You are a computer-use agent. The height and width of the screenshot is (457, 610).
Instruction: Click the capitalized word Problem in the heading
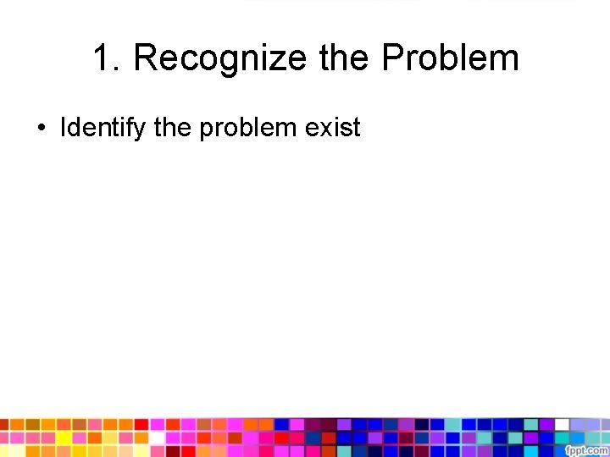pyautogui.click(x=450, y=59)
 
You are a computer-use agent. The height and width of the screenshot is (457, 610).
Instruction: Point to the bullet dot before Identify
pyautogui.click(x=41, y=129)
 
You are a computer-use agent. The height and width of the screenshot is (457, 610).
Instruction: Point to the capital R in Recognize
pyautogui.click(x=146, y=59)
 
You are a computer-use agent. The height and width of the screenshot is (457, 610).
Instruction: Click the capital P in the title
pyautogui.click(x=395, y=59)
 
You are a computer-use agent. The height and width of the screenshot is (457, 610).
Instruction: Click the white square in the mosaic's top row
pyautogui.click(x=561, y=424)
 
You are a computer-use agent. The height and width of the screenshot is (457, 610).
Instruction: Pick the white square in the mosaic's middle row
pyautogui.click(x=157, y=438)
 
